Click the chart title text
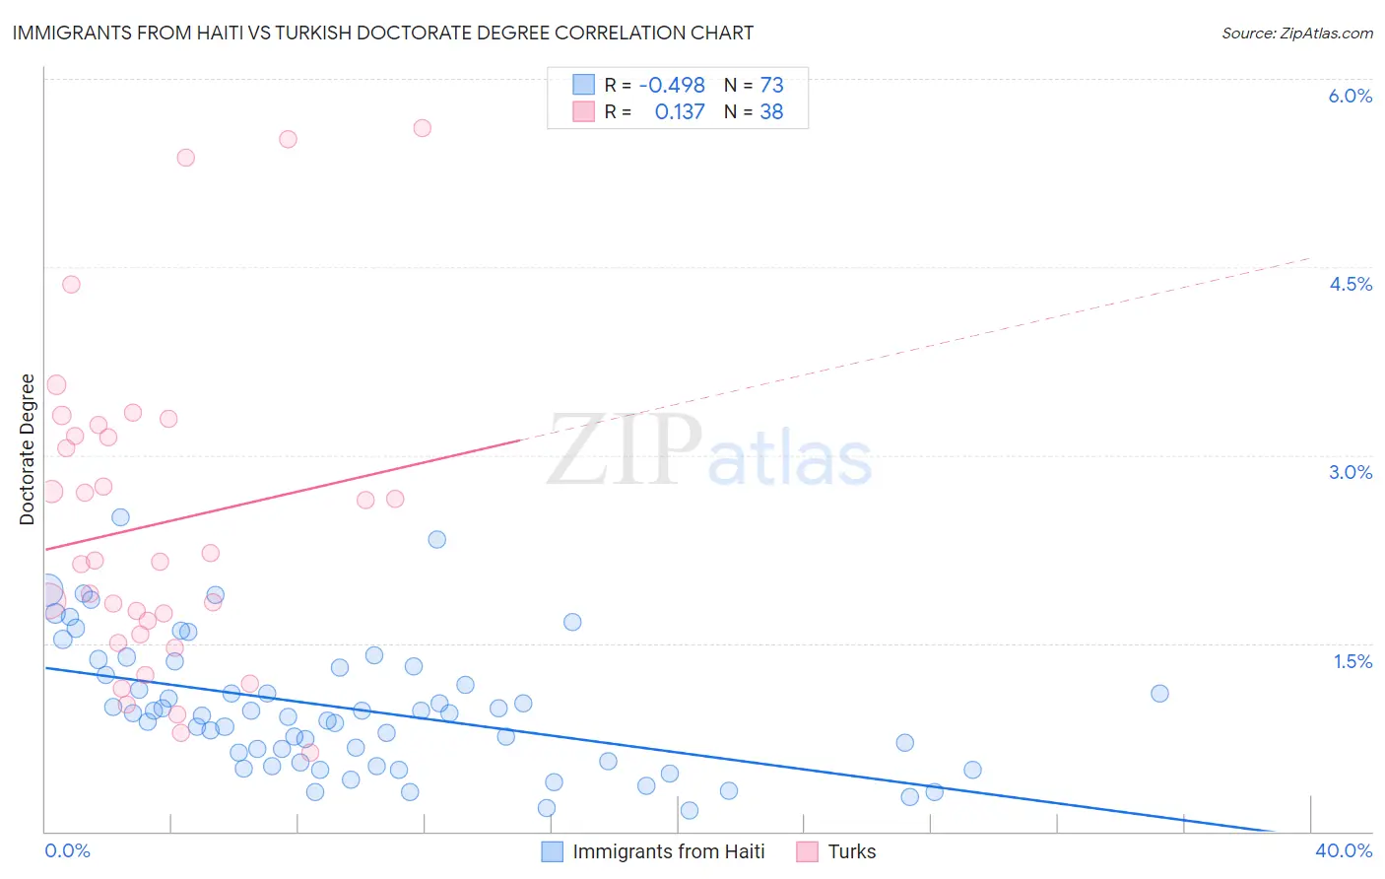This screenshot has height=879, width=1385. [382, 33]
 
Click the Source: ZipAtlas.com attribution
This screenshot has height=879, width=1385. [1296, 33]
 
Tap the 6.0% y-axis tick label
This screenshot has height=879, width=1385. [1350, 96]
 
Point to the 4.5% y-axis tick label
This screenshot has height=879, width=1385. [1350, 284]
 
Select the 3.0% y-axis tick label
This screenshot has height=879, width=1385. [1350, 472]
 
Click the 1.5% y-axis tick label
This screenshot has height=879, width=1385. [1352, 661]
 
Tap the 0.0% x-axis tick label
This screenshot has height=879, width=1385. [67, 850]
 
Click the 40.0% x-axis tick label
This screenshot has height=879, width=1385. [1344, 850]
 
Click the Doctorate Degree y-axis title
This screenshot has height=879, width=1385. [27, 449]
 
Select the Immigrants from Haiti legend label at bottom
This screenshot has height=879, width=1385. [668, 851]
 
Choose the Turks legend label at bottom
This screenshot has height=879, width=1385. [851, 851]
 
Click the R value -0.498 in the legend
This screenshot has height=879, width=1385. [672, 86]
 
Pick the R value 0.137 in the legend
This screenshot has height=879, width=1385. [680, 112]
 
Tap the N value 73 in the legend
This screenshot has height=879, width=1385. [771, 86]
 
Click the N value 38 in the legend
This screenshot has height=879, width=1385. [771, 112]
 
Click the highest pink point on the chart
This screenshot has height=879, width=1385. [422, 127]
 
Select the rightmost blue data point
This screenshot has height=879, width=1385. [1159, 693]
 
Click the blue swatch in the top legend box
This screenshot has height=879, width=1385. [584, 85]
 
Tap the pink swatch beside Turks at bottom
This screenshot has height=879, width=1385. [807, 851]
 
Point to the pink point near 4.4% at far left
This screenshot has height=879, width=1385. [71, 284]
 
